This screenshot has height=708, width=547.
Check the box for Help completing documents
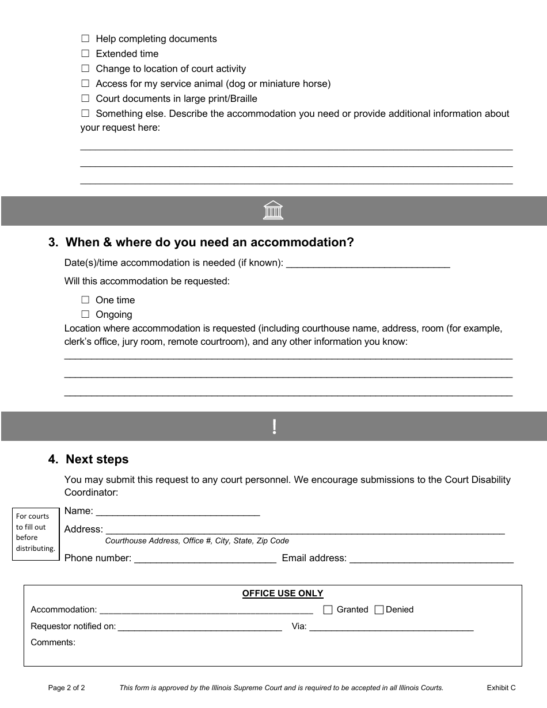(85, 39)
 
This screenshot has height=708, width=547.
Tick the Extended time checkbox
(85, 54)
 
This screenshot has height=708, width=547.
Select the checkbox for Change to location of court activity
(85, 69)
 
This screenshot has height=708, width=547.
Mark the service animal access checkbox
(85, 84)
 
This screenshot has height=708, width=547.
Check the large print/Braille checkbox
(85, 99)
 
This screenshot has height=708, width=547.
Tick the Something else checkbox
(85, 114)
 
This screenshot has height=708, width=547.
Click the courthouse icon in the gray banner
(273, 211)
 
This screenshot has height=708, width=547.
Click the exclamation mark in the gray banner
(274, 427)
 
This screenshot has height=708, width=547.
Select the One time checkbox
(85, 300)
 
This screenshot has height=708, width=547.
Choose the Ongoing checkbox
(85, 314)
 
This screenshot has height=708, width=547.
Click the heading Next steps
(97, 459)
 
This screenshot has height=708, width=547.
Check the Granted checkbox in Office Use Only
(328, 610)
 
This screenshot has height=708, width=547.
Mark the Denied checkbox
(379, 610)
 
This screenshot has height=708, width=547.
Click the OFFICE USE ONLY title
(283, 593)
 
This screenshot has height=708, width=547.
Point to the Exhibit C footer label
(501, 688)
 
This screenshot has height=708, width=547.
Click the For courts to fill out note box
(36, 532)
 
